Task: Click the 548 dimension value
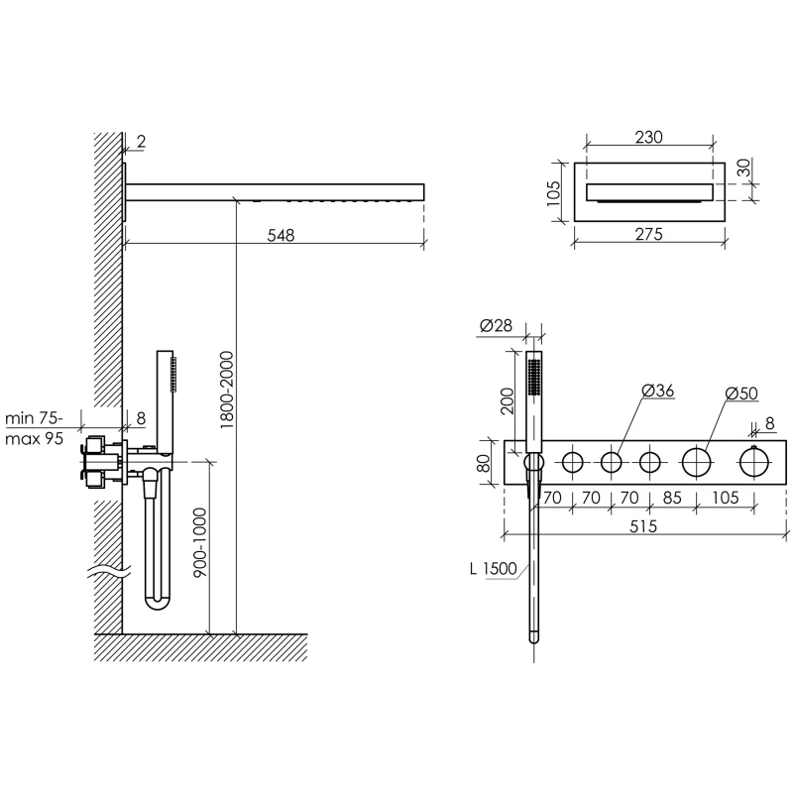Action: click(x=280, y=235)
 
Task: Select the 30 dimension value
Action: click(x=743, y=170)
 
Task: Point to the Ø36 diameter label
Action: click(x=658, y=393)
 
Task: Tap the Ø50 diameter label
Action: click(x=741, y=393)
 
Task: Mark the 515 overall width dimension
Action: click(x=643, y=527)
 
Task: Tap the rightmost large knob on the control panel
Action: click(x=755, y=462)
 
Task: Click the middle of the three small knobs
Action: click(x=611, y=462)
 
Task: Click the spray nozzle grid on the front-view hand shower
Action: click(x=534, y=379)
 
